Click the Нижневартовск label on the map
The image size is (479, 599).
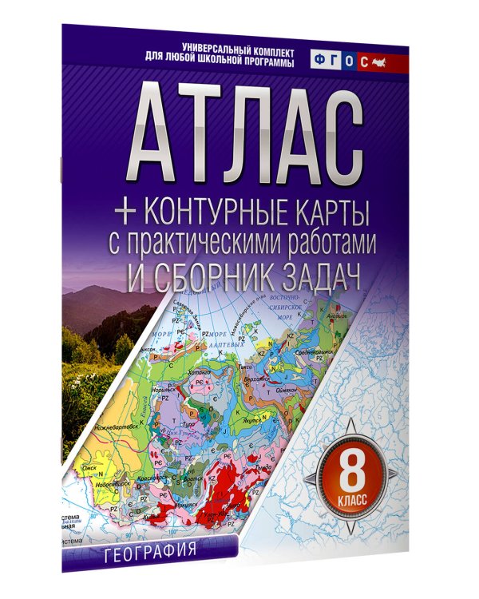pyautogui.click(x=104, y=428)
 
